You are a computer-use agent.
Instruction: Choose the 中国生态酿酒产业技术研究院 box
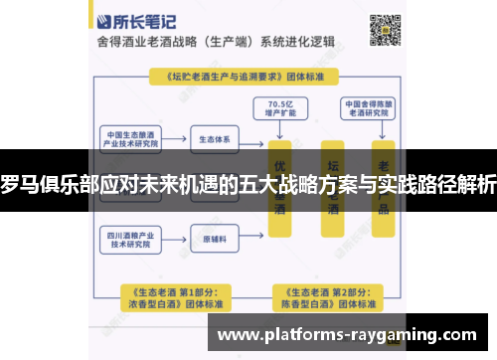click(132, 138)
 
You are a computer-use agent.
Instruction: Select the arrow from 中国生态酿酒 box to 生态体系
click(175, 138)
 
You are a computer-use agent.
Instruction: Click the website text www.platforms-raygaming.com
click(353, 334)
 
